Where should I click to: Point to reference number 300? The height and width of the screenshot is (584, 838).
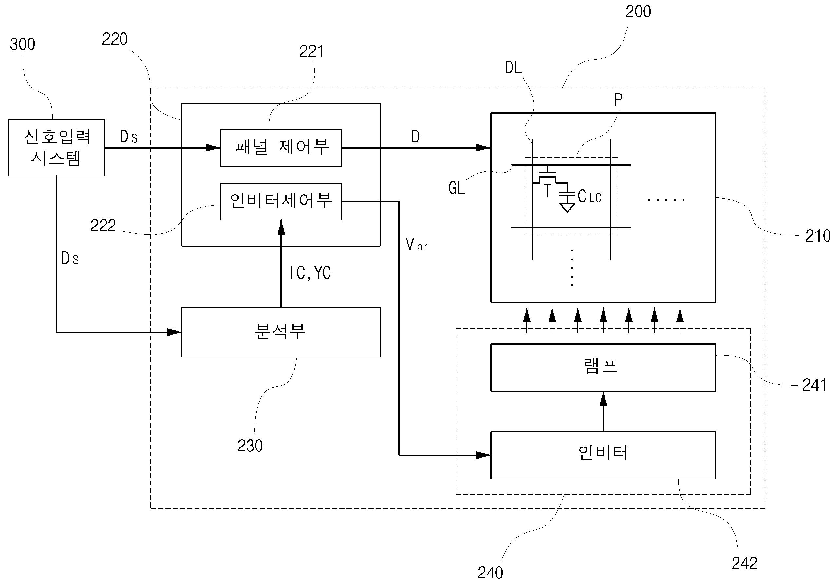click(22, 45)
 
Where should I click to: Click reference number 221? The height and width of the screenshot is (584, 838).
click(311, 51)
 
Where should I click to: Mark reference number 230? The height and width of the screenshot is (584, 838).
click(250, 446)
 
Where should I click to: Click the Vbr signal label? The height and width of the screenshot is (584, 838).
click(417, 245)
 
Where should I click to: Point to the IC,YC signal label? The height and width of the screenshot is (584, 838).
click(310, 273)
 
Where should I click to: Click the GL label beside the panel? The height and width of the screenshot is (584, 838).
click(456, 188)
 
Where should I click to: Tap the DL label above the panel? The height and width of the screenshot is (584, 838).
click(513, 67)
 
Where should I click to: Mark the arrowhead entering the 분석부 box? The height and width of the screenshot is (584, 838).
click(174, 332)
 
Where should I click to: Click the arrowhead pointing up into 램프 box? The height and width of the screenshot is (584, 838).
click(603, 399)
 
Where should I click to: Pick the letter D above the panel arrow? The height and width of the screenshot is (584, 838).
click(415, 137)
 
